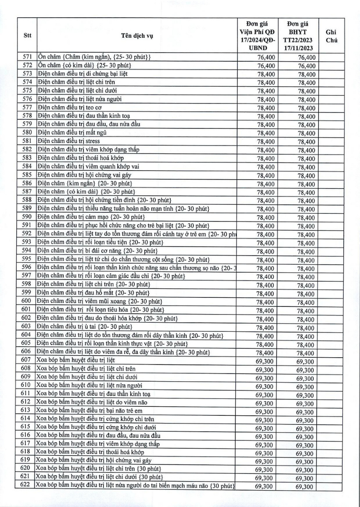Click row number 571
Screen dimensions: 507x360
[x=27, y=57]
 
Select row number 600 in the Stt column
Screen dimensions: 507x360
[x=27, y=301]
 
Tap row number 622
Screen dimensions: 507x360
[x=27, y=487]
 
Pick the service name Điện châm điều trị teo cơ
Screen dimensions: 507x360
[x=69, y=108]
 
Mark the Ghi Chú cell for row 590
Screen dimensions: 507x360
[x=331, y=217]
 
